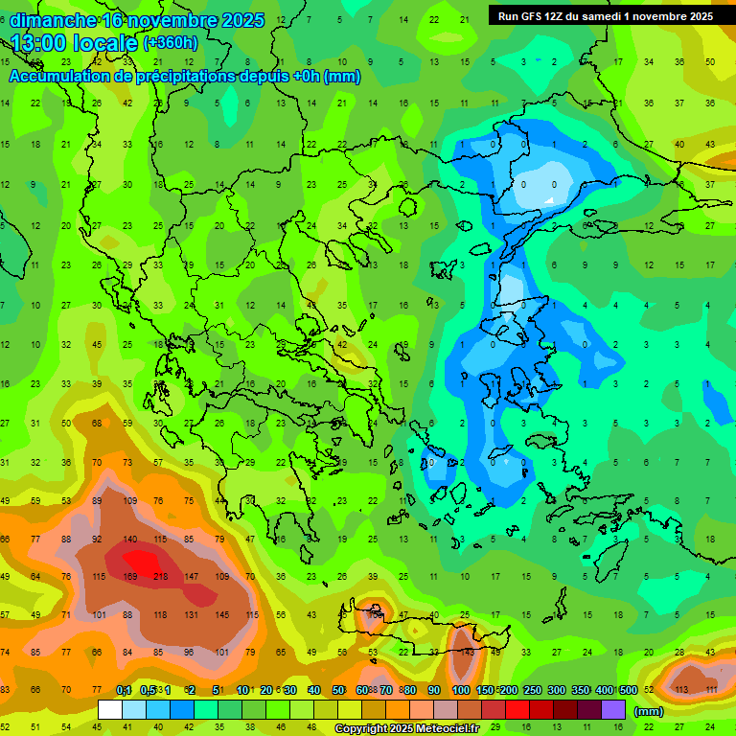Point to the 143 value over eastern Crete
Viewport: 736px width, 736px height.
467,652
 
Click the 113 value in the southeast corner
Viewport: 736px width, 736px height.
682,689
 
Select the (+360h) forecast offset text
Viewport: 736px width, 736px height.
170,43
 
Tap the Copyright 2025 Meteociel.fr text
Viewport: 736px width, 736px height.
405,729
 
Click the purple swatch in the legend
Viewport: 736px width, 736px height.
613,709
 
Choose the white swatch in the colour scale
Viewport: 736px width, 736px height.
110,709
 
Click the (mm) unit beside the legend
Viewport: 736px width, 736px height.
649,711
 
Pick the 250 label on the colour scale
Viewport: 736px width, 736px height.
531,690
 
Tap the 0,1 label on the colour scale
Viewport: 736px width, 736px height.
123,690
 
